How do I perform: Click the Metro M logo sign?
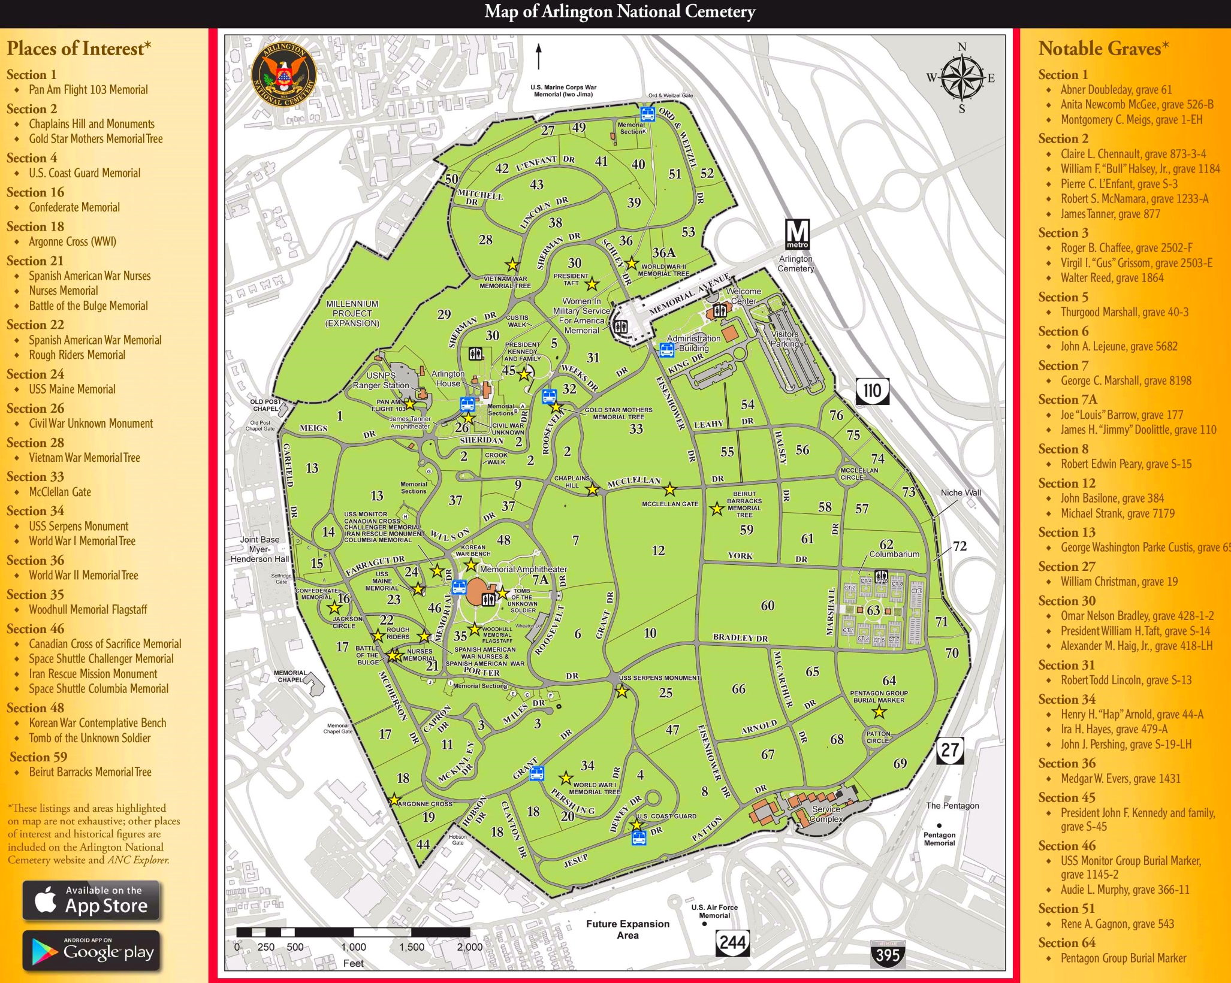pos(797,234)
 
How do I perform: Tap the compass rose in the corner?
pos(961,78)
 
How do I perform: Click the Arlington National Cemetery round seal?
pos(283,74)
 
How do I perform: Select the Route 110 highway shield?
pos(872,391)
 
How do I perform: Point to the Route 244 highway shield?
pos(732,942)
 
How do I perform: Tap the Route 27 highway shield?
pos(950,751)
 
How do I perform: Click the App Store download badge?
pos(91,900)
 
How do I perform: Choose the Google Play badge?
pos(91,951)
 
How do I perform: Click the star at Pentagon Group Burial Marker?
pos(879,712)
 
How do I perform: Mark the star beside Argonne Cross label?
pos(394,800)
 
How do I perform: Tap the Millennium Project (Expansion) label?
pos(352,313)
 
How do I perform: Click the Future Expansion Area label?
pos(627,929)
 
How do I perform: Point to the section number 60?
pos(767,605)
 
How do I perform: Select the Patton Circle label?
pos(878,737)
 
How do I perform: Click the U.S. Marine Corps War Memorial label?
pos(563,90)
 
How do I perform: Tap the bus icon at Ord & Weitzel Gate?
pos(647,114)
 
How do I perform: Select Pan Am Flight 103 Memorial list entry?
pos(88,90)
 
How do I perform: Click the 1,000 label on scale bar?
pos(354,947)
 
